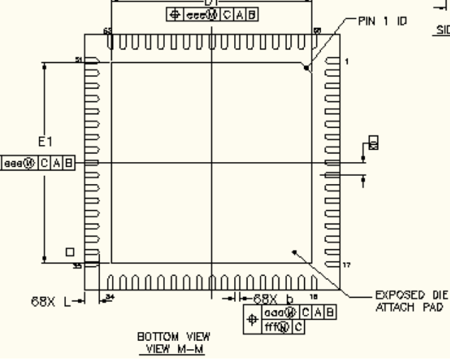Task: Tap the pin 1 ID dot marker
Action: click(x=307, y=68)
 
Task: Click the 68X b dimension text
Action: click(x=273, y=299)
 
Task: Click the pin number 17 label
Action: click(x=348, y=265)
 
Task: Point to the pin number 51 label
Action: click(x=78, y=60)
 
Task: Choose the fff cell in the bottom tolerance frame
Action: click(x=270, y=326)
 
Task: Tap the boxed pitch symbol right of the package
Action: click(x=374, y=142)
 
